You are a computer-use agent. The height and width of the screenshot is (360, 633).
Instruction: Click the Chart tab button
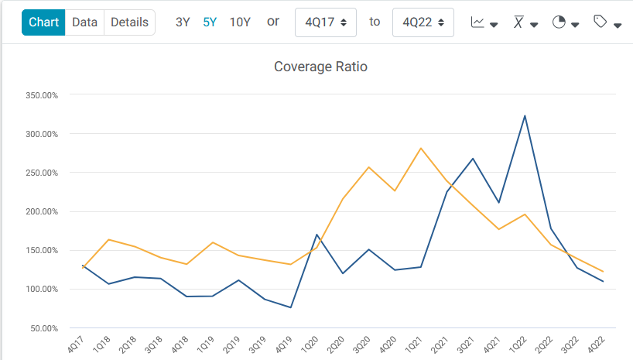[43, 22]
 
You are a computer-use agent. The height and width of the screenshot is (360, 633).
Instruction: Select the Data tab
[84, 22]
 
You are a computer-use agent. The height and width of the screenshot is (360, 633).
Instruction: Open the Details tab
[129, 22]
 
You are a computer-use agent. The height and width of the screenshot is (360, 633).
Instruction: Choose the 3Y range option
[183, 22]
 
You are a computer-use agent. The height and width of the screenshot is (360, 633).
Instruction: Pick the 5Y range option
[210, 22]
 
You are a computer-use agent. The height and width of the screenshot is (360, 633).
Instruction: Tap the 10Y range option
[240, 22]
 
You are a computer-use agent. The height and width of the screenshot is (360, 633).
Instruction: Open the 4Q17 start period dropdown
[326, 22]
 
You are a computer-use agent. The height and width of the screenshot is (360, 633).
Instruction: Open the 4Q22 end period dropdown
[423, 22]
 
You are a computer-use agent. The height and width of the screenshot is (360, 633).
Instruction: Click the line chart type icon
[483, 22]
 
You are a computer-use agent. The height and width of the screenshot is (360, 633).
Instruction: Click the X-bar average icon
[525, 22]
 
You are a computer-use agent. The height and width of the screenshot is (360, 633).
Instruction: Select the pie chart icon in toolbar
[565, 22]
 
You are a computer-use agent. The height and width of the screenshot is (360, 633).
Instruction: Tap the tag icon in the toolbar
[607, 22]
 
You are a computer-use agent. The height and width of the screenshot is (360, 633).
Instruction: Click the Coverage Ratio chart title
[320, 67]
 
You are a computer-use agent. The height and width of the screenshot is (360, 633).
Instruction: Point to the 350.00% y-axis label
[42, 95]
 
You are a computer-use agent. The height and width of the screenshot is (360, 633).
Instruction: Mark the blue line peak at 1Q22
[525, 116]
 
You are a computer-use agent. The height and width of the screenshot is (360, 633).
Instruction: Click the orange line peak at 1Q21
[421, 148]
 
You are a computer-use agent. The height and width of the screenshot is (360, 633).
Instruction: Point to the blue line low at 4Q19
[291, 307]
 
